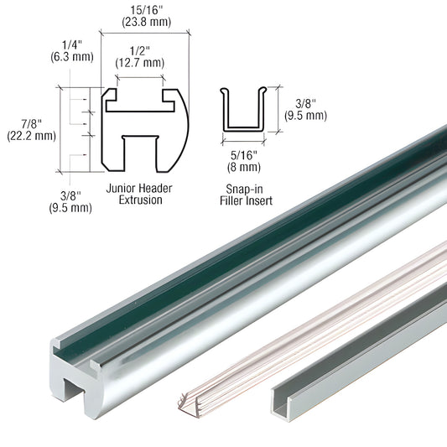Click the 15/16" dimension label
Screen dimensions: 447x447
click(147, 10)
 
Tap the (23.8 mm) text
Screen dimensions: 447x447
click(147, 22)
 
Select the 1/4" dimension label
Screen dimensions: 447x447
click(72, 45)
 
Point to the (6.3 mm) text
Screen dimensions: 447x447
click(72, 57)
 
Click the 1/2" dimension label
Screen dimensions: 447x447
click(140, 51)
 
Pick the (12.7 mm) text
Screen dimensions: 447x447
click(140, 63)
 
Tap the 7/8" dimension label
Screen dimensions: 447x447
click(31, 124)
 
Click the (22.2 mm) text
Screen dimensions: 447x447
click(31, 136)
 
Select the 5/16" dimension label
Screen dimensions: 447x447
click(244, 155)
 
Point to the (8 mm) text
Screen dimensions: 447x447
click(244, 167)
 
